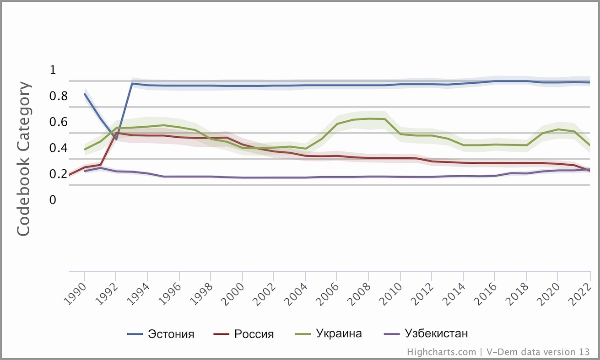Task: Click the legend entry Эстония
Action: pyautogui.click(x=171, y=334)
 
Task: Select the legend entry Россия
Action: pyautogui.click(x=254, y=334)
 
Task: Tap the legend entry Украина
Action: pyautogui.click(x=339, y=333)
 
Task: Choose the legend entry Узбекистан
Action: pyautogui.click(x=436, y=333)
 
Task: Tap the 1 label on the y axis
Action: pyautogui.click(x=52, y=70)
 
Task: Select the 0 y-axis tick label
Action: pyautogui.click(x=52, y=200)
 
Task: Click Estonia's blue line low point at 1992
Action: pyautogui.click(x=116, y=139)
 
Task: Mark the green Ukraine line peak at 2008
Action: pyautogui.click(x=369, y=118)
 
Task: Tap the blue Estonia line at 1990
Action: pyautogui.click(x=85, y=94)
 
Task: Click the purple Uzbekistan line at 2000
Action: pyautogui.click(x=243, y=177)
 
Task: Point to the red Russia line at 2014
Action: pyautogui.click(x=464, y=162)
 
